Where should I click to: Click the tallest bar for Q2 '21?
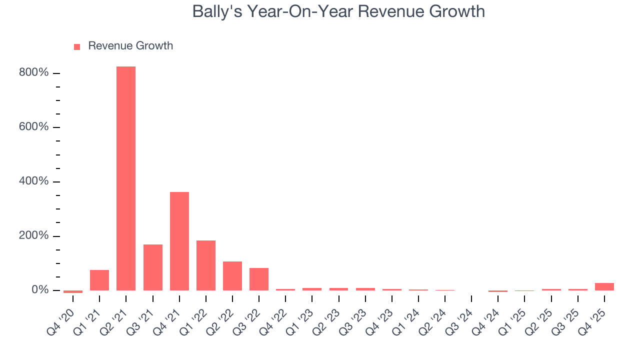[126, 178]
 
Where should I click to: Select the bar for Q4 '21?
[179, 241]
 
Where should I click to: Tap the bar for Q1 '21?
[99, 280]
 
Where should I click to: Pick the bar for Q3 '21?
[153, 267]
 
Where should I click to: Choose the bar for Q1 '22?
[206, 265]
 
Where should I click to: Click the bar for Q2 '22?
[232, 276]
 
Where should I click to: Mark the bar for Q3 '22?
[259, 279]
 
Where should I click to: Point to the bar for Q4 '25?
[604, 286]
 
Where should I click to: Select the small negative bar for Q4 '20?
[73, 291]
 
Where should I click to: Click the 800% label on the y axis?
[34, 73]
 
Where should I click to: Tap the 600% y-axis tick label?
[34, 127]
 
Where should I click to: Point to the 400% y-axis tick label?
[34, 181]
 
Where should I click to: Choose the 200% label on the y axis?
[34, 236]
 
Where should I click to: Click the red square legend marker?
[77, 46]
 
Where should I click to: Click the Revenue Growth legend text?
[130, 46]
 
